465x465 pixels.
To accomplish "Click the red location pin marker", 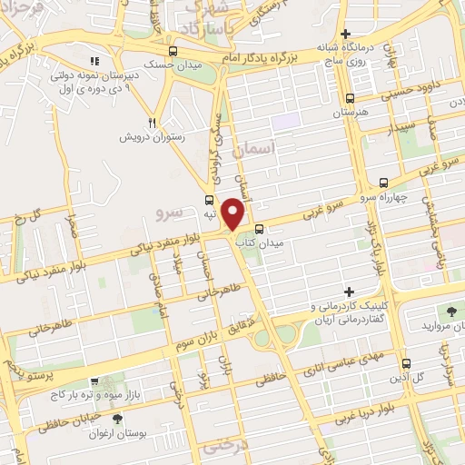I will (x=233, y=213).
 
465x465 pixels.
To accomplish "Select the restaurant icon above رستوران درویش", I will (x=154, y=123).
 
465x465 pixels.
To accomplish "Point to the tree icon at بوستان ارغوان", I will (x=118, y=419).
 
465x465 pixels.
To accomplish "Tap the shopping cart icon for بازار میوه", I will (x=94, y=382).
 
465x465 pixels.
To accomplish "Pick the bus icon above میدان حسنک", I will (x=173, y=51).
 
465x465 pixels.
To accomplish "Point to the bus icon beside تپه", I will (x=210, y=200).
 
